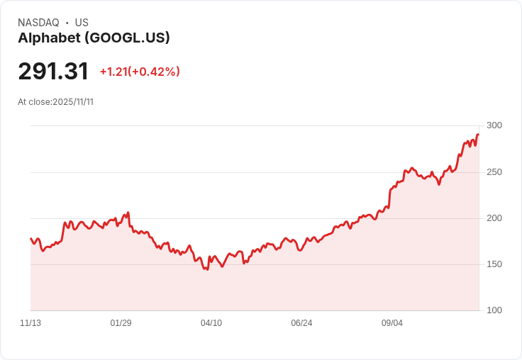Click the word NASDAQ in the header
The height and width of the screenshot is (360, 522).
click(38, 23)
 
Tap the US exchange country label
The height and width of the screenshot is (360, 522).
click(82, 23)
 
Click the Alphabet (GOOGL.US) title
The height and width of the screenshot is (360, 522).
click(94, 38)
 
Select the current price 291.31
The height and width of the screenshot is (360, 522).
click(53, 72)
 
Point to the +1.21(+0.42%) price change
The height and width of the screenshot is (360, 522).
click(140, 72)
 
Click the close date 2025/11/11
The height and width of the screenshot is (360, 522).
click(73, 101)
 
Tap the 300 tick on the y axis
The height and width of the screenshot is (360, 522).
click(494, 126)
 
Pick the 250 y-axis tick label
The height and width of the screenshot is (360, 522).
click(494, 172)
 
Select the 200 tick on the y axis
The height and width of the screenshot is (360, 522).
click(494, 218)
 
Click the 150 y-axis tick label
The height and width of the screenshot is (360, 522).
click(494, 264)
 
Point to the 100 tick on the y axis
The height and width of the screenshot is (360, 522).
click(494, 310)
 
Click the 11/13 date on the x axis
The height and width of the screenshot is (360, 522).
click(30, 323)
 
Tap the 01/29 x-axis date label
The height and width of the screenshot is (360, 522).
click(121, 323)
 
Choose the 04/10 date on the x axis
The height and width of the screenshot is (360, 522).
click(211, 323)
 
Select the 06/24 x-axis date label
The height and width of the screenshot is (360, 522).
click(301, 323)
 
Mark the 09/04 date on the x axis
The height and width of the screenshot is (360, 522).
click(392, 323)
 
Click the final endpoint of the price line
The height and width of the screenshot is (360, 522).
click(479, 135)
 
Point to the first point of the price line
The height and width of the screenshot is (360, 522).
click(30, 238)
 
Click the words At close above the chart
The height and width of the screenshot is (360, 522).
click(34, 101)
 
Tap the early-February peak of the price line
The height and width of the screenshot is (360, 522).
click(128, 212)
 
